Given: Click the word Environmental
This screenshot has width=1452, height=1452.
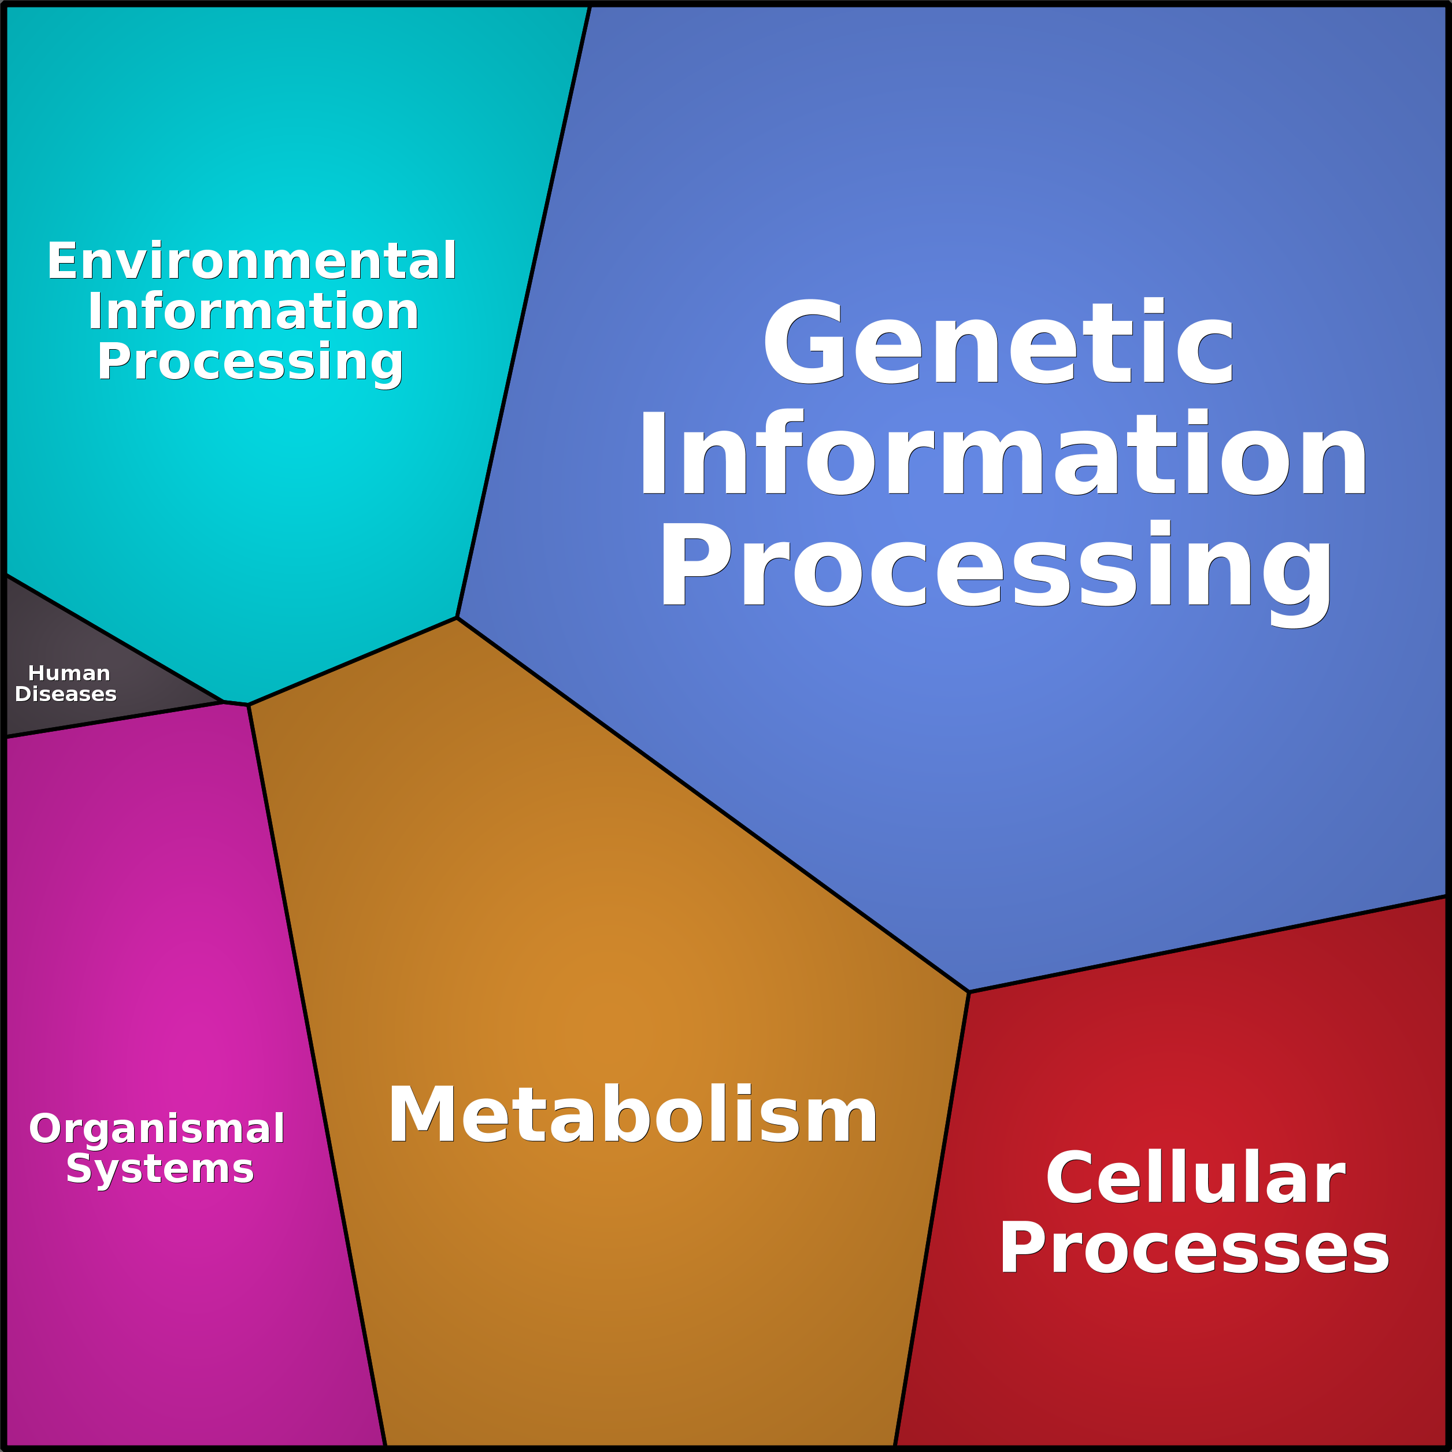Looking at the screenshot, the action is coord(252,261).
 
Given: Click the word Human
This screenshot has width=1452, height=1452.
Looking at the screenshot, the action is coord(69,673).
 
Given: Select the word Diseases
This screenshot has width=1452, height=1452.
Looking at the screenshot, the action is coord(66,694).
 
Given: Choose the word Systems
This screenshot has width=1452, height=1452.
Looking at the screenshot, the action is coord(160,1170).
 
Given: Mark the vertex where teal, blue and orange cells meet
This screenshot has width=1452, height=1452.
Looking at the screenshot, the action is coord(457,618).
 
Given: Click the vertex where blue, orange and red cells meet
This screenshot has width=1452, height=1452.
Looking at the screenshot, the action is coord(969,992).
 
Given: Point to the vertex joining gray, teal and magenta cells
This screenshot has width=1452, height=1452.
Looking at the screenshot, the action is coord(223,702).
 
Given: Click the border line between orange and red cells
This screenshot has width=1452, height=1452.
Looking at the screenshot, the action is coord(932,1218).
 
